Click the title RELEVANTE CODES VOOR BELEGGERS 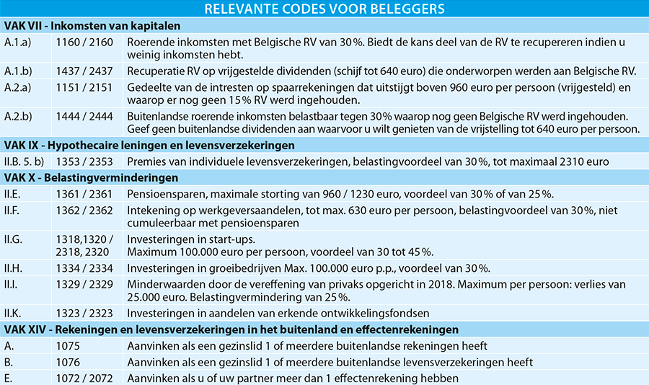(x=324, y=9)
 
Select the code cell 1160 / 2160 (x=84, y=43)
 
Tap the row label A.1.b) (x=19, y=71)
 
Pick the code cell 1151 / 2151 (x=84, y=88)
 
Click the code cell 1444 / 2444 (x=84, y=116)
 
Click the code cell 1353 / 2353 (x=84, y=161)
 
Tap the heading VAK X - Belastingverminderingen (x=91, y=177)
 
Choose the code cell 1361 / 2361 (x=84, y=194)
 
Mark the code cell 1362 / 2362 (x=84, y=211)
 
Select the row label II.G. (x=14, y=239)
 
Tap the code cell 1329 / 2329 (x=84, y=284)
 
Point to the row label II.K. (x=14, y=314)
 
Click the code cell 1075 (x=69, y=346)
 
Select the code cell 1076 (x=69, y=362)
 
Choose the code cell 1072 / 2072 (x=84, y=378)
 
